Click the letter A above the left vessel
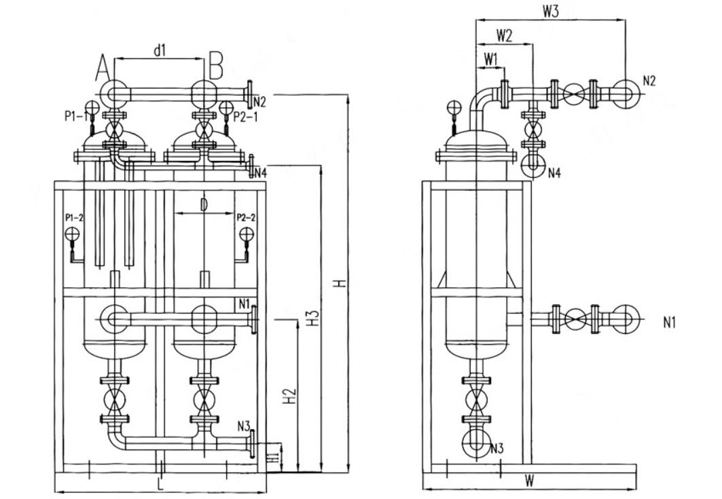coord(103,68)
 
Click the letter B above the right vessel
coord(216,68)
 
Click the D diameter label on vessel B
coord(204,205)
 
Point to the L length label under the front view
coord(160,485)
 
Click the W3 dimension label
coord(551,12)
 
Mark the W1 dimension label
coord(491,59)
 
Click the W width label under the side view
coord(529,481)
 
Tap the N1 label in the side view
coord(670,322)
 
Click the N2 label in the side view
coord(649,80)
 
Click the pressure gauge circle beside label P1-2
coord(72,234)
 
